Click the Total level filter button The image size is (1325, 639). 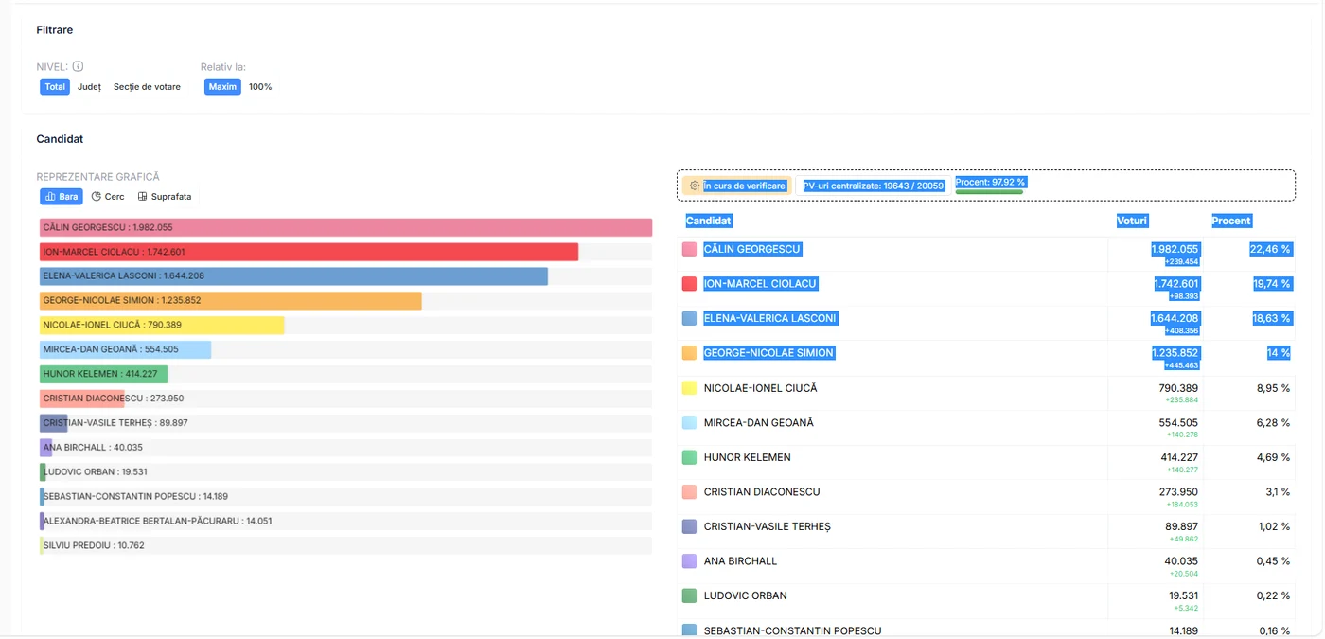[x=55, y=87]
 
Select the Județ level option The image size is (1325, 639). [x=89, y=87]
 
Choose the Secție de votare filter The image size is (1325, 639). [x=147, y=87]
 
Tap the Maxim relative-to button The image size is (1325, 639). [x=222, y=87]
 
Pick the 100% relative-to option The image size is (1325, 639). [x=260, y=87]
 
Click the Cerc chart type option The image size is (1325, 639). [x=108, y=197]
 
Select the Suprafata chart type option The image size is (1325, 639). [x=165, y=197]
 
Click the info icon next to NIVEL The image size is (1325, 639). [x=78, y=66]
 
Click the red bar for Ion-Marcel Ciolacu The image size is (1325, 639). [x=309, y=252]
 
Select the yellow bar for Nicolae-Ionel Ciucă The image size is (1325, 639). [x=162, y=325]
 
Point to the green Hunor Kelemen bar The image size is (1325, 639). [x=103, y=374]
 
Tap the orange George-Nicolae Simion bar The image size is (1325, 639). [x=231, y=301]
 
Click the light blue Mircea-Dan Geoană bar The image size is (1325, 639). [x=125, y=349]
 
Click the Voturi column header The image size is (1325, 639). [x=1132, y=221]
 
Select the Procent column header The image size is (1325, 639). [x=1231, y=221]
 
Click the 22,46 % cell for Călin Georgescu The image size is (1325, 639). [x=1270, y=249]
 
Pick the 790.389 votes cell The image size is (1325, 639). [x=1178, y=388]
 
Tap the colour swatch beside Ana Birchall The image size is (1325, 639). [x=689, y=560]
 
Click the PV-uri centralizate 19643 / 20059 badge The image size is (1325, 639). [x=873, y=186]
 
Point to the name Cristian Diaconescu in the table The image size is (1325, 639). [x=762, y=491]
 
